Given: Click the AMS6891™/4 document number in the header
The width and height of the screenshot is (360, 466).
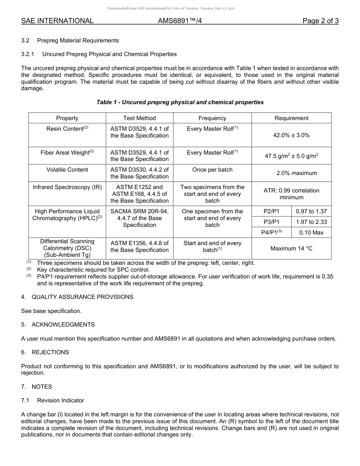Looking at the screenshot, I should click(x=180, y=21).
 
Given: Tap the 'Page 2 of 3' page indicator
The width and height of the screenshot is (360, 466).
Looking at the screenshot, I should click(x=320, y=21).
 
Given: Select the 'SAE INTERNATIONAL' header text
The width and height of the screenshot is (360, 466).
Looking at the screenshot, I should click(x=57, y=21).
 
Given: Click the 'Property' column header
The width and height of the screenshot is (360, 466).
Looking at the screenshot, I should click(x=67, y=118).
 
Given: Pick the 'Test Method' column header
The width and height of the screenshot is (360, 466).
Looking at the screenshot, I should click(x=139, y=118).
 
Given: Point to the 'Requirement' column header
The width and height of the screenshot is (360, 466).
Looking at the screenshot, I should click(x=291, y=118).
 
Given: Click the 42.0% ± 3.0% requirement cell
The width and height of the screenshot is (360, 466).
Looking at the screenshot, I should click(x=291, y=135).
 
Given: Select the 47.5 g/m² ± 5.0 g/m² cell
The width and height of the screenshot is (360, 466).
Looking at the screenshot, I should click(x=291, y=156).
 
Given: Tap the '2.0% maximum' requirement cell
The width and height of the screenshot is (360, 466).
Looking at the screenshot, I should click(x=297, y=173).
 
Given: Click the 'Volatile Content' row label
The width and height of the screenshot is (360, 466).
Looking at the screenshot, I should click(x=67, y=170).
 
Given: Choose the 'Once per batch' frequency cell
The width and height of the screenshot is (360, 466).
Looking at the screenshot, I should click(x=212, y=170).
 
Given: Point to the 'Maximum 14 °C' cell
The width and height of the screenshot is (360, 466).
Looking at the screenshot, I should click(x=291, y=249).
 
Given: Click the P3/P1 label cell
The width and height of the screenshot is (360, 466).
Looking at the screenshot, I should click(x=271, y=222).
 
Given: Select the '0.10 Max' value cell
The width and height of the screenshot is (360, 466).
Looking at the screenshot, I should click(x=311, y=233).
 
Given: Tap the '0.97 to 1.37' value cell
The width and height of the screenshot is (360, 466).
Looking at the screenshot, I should click(x=311, y=211).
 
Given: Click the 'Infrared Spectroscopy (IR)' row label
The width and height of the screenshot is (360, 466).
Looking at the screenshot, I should click(x=67, y=187).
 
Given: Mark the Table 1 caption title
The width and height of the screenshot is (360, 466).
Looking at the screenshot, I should click(x=180, y=102).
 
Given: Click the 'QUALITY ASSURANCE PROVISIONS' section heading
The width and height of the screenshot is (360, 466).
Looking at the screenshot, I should click(x=82, y=297).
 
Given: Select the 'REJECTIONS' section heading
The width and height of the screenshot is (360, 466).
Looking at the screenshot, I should click(x=50, y=352).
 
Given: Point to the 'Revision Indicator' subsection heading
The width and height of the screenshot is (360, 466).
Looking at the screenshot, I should click(x=61, y=400).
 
